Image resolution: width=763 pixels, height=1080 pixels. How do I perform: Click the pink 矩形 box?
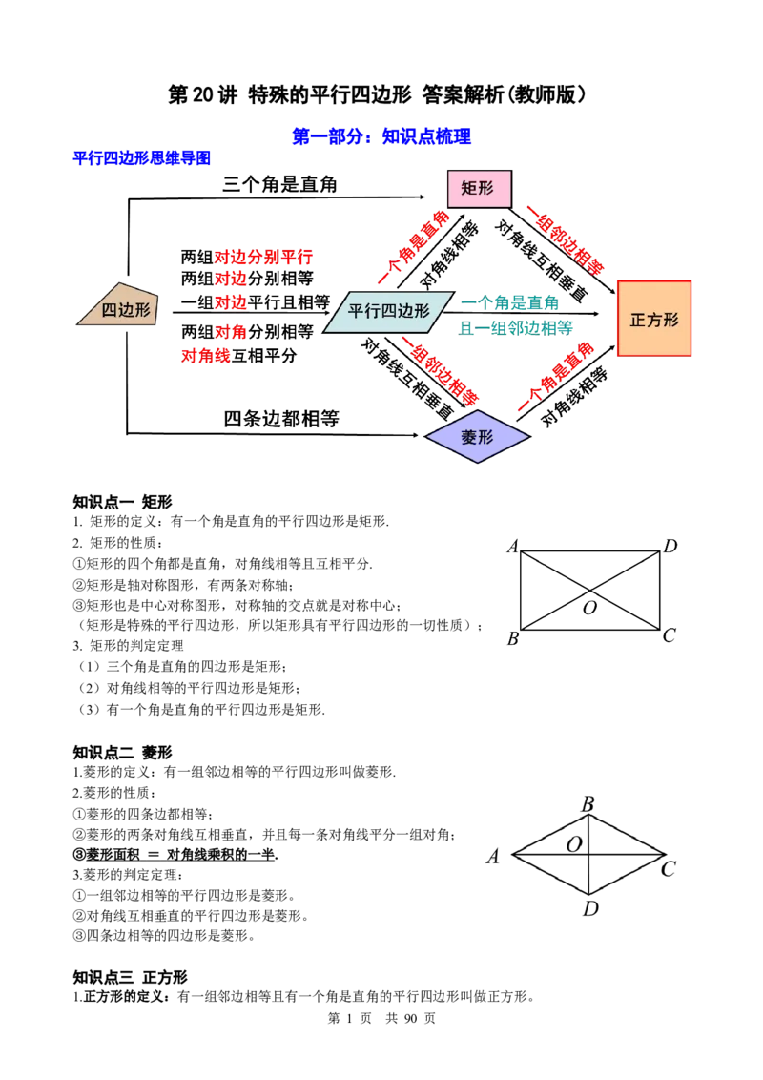point(480,189)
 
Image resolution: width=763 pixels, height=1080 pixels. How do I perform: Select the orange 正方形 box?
point(654,319)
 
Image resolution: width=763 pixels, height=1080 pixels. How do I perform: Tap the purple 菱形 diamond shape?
point(477,437)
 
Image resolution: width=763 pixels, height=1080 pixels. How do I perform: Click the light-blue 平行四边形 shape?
point(388,311)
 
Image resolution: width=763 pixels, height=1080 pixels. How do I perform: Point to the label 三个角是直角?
point(279,184)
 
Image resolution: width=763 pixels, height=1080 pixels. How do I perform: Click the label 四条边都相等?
point(281,419)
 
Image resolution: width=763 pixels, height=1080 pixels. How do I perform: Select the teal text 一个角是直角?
point(509,302)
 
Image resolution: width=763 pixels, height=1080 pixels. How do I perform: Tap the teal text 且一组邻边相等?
point(516,328)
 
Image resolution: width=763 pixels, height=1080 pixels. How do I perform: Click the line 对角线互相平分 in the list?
point(239,356)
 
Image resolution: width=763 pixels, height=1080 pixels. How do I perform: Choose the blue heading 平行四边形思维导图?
point(142,157)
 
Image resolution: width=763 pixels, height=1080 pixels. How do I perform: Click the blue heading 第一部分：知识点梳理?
point(381,136)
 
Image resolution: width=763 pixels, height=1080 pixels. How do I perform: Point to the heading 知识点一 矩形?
point(123,502)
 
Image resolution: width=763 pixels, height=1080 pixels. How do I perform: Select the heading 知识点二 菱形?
point(123,752)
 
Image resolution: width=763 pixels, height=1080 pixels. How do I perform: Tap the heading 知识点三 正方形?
point(130,977)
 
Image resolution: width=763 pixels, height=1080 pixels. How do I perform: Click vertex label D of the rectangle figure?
point(670,546)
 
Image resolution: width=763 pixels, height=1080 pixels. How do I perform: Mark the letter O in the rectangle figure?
point(589,608)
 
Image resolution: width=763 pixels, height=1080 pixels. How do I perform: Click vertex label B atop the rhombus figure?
point(588,804)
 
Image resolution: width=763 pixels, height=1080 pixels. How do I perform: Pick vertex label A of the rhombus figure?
point(492,856)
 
